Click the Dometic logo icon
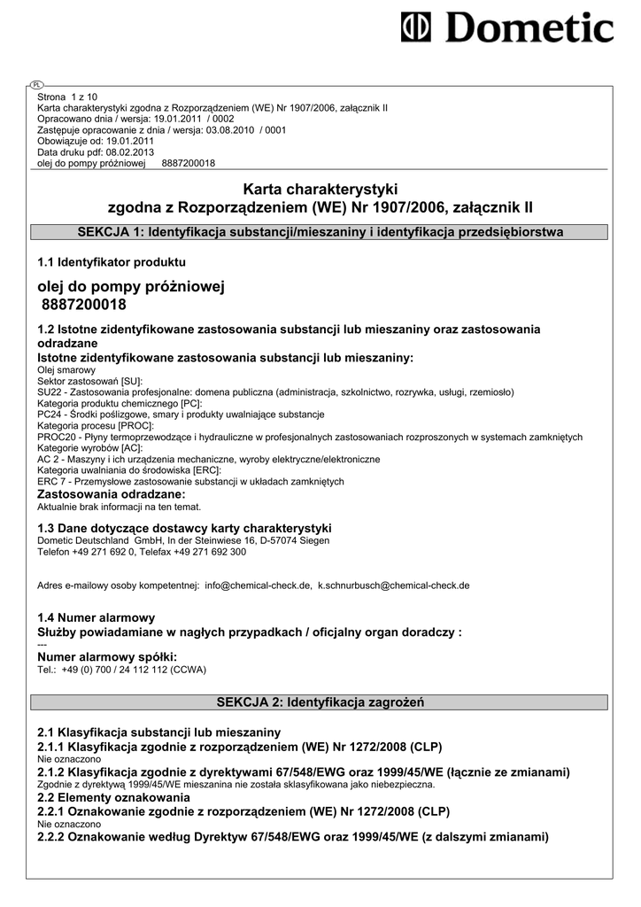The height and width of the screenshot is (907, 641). click(418, 27)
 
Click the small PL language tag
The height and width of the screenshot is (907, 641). click(36, 84)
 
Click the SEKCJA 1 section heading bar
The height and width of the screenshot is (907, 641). click(320, 232)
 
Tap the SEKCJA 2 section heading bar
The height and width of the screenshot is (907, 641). click(320, 702)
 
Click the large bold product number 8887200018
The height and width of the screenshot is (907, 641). click(84, 305)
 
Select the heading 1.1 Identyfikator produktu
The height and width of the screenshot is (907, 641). click(112, 262)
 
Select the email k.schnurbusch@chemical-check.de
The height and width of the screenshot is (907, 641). click(394, 585)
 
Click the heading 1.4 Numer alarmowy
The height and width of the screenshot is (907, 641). click(97, 617)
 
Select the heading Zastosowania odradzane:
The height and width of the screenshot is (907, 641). click(112, 494)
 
